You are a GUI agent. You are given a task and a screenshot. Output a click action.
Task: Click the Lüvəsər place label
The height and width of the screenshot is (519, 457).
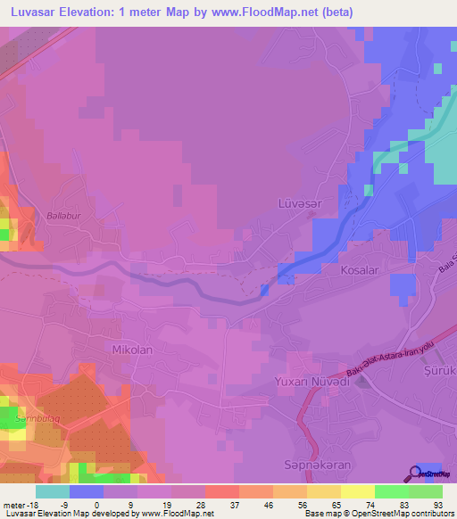click(x=297, y=204)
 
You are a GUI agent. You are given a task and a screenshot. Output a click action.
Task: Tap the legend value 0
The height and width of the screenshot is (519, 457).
click(x=109, y=503)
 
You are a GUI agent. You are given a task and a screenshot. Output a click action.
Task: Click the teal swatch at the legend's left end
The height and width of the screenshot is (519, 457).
click(x=53, y=490)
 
